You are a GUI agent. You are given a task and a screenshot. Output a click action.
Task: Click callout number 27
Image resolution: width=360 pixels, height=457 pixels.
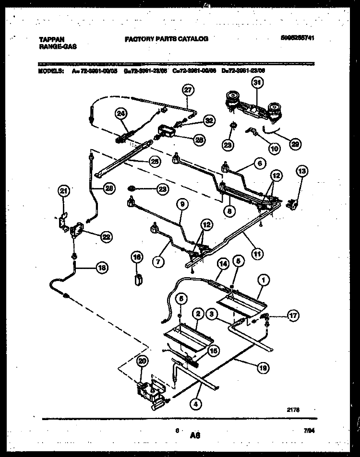click(188, 90)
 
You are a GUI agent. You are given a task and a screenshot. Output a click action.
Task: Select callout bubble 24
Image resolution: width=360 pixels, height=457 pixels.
click(121, 114)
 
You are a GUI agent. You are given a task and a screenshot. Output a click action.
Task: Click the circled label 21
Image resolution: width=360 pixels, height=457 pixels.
click(64, 191)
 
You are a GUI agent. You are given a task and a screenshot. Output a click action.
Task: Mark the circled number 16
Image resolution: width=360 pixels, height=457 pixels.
click(137, 258)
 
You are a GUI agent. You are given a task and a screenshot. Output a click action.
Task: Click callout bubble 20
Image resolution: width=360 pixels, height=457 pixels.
click(141, 362)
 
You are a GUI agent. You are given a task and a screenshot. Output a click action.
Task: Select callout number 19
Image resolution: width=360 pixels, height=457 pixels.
click(262, 368)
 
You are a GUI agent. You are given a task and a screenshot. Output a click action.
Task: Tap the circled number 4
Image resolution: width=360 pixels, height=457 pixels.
click(194, 404)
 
